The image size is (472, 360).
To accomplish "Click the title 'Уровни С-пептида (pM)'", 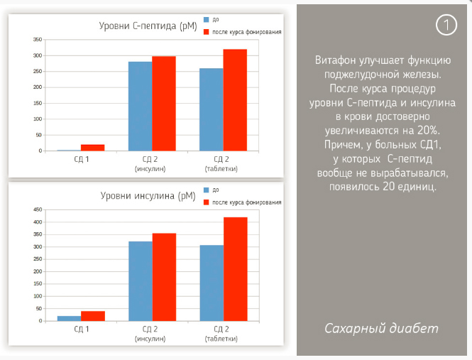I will [146, 26].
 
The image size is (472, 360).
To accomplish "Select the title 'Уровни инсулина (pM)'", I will [148, 196].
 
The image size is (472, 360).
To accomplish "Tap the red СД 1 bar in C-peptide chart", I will [92, 147].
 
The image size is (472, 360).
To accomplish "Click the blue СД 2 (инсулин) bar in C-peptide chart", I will [140, 107].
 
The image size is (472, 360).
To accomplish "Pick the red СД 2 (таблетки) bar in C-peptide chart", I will [235, 100].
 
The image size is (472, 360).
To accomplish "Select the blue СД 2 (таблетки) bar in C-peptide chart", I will [211, 110].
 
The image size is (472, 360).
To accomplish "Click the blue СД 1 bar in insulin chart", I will [69, 318].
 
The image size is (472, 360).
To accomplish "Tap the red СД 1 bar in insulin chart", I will [93, 316].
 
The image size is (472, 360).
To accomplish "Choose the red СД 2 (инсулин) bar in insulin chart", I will [164, 277].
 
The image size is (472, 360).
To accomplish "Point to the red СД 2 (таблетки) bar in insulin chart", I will [235, 269].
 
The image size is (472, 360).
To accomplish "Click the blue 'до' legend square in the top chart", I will [207, 20].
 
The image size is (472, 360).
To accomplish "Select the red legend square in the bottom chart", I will [207, 202].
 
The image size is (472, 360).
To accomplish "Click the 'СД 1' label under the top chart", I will [81, 159].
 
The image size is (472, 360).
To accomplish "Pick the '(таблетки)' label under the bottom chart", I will [221, 339].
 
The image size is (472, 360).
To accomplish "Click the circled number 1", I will [446, 25].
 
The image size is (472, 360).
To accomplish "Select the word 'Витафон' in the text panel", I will [336, 61].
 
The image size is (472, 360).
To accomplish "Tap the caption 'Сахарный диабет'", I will [381, 328].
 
